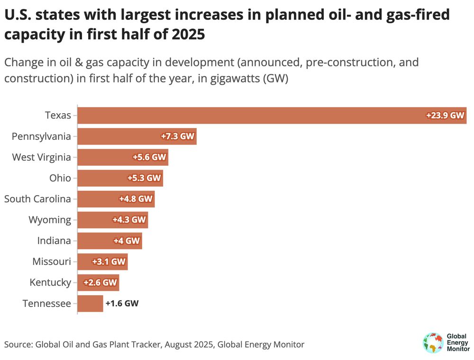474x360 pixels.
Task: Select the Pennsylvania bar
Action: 118,136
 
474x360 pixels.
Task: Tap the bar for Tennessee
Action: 90,303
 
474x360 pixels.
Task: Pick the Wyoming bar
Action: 95,220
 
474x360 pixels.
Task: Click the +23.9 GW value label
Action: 445,116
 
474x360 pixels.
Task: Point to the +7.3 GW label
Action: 178,136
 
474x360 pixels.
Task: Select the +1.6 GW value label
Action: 122,303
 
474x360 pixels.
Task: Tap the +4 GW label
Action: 127,241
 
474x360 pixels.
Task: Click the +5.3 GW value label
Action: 144,178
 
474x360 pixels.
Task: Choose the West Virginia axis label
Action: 41,157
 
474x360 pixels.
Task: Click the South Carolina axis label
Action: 37,199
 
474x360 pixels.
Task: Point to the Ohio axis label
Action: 60,178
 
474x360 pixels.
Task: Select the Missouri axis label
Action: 52,261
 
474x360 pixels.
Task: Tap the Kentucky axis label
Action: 50,282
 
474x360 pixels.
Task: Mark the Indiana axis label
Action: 54,241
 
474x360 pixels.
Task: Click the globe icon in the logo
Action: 432,343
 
